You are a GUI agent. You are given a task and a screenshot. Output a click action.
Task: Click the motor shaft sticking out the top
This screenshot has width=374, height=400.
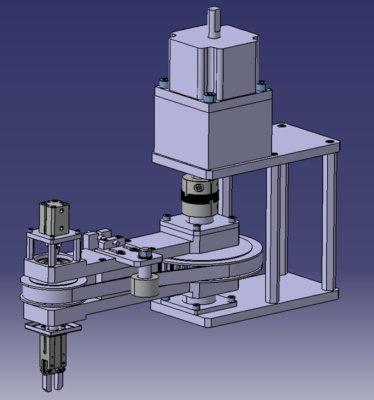tap(213, 22)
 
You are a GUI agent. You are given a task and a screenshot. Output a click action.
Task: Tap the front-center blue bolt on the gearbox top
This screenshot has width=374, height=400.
tap(208, 98)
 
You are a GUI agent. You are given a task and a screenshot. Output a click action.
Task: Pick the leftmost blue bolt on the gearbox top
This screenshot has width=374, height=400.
tap(163, 84)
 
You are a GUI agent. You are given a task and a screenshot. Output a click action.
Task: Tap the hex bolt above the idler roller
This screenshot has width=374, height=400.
tap(145, 254)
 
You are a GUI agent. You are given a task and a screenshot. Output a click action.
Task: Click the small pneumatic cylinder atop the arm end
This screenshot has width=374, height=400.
tap(54, 218)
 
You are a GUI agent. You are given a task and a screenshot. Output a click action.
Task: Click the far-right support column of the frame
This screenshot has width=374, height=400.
tap(329, 220)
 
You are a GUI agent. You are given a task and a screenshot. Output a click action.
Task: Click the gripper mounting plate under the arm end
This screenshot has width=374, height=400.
tap(53, 328)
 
